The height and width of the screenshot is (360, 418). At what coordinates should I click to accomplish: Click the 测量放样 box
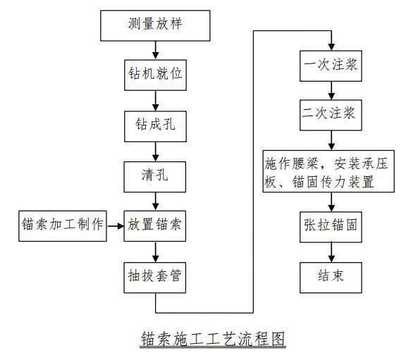click(155, 25)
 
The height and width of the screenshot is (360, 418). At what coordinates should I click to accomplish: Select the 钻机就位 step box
click(155, 75)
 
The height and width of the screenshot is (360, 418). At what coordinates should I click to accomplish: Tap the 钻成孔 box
click(155, 126)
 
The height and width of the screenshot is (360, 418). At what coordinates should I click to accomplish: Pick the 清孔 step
click(155, 177)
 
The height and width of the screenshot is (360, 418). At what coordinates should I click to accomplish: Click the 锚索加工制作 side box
click(63, 226)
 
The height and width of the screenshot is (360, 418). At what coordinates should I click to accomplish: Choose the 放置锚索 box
click(155, 226)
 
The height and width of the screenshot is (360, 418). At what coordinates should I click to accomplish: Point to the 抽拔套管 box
click(155, 278)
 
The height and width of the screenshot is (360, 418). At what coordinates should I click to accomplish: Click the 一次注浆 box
click(331, 66)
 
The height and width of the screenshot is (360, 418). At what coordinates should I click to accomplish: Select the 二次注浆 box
click(331, 115)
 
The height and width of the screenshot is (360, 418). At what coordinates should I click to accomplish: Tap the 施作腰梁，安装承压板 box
click(328, 171)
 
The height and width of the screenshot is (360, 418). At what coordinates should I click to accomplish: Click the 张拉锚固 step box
click(331, 227)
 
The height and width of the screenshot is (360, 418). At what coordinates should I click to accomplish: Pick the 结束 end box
click(331, 278)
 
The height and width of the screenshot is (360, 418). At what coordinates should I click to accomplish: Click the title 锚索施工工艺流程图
click(213, 339)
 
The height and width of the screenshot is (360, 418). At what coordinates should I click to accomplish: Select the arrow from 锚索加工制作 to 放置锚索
click(116, 226)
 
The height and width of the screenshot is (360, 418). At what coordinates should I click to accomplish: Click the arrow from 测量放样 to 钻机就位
click(155, 50)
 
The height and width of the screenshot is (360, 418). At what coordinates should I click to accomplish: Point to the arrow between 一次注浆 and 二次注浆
click(331, 91)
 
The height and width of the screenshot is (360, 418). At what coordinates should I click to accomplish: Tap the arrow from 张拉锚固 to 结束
click(331, 252)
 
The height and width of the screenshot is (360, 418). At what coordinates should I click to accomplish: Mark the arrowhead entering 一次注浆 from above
click(331, 46)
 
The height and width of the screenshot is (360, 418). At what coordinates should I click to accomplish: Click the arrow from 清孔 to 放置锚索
click(155, 201)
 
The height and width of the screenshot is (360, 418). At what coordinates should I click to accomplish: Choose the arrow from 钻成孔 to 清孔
click(155, 151)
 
